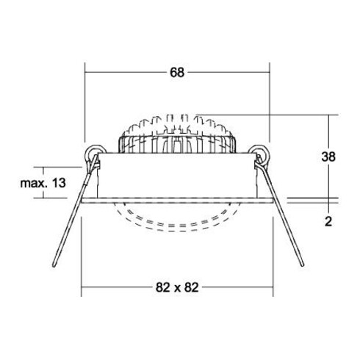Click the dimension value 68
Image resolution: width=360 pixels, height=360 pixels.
(x=176, y=72)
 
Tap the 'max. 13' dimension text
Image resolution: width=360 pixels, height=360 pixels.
(x=41, y=182)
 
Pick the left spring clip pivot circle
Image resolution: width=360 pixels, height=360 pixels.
(x=94, y=154)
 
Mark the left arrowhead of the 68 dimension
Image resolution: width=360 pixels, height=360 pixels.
(x=89, y=72)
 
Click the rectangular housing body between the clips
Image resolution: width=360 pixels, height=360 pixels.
(x=176, y=176)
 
